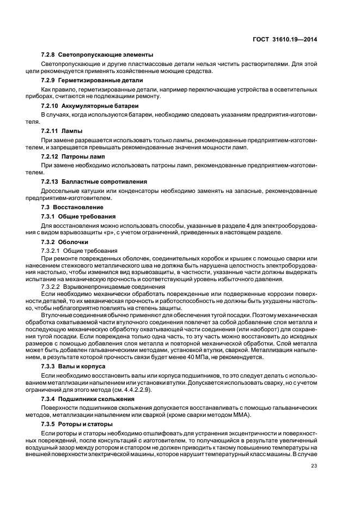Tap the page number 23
314,465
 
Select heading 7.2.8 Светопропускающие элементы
97,55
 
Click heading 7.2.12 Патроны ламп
74,156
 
